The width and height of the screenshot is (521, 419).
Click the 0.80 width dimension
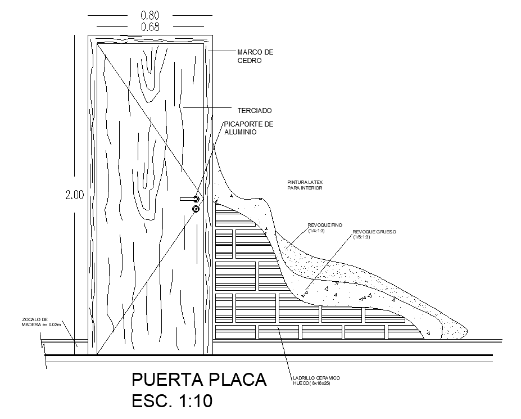[150, 16]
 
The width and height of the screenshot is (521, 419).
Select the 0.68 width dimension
[150, 27]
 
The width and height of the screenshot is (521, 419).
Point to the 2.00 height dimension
[74, 195]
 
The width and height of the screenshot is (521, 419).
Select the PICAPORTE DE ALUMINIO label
[248, 128]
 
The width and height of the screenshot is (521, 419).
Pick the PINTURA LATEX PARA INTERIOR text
[304, 185]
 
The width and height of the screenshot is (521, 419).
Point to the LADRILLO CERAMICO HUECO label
[316, 381]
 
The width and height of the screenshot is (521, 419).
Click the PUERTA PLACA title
[198, 380]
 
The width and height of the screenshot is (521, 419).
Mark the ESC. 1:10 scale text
[172, 402]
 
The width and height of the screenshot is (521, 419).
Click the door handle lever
[187, 199]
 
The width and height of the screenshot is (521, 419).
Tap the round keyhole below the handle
[196, 209]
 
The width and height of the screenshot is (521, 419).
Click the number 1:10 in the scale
[194, 402]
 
